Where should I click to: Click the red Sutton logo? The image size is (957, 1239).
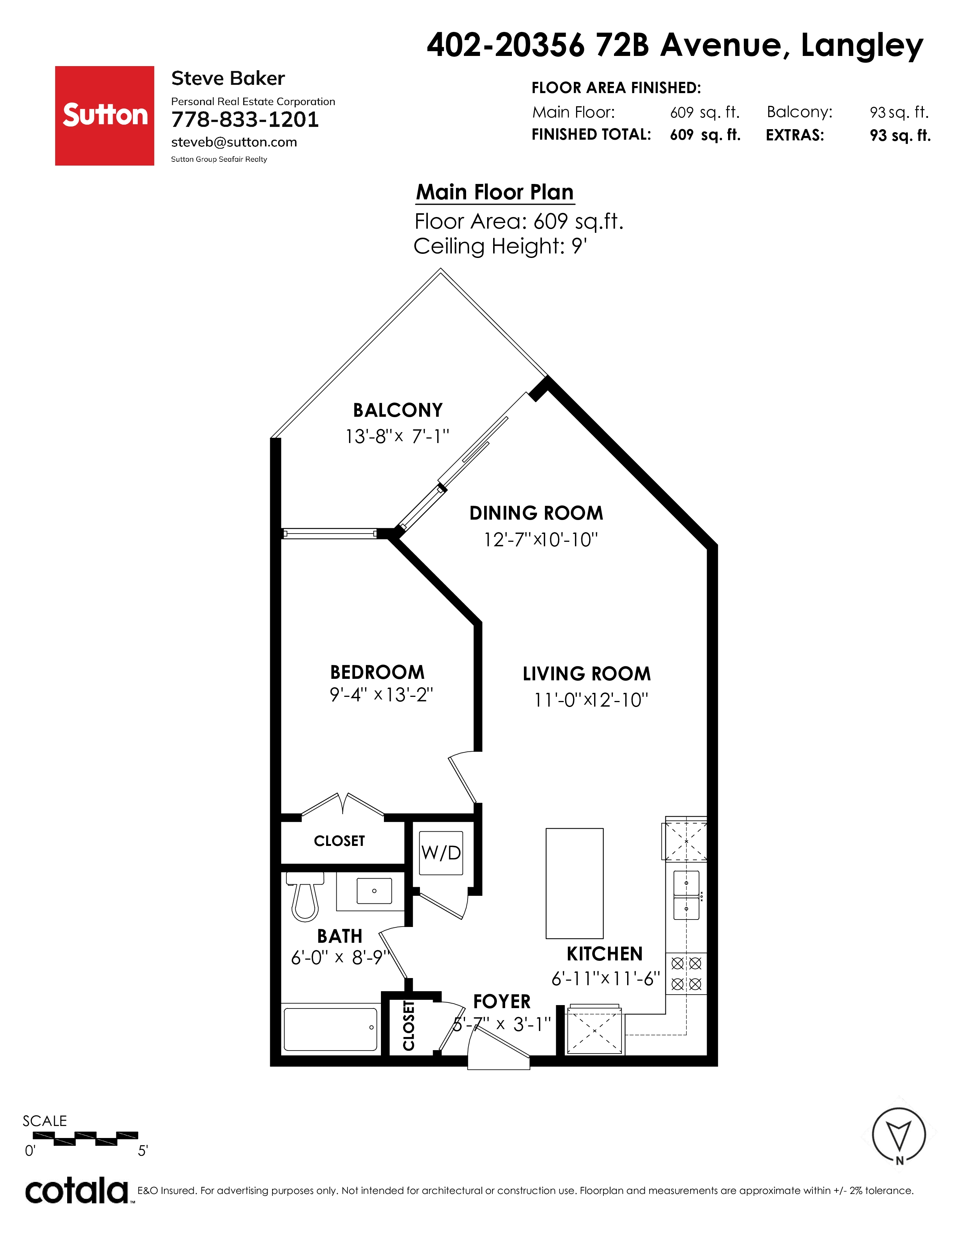(104, 116)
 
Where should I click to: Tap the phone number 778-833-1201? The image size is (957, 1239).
(245, 120)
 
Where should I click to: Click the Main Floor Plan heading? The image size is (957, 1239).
(495, 192)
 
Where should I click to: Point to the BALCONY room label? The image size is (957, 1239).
(397, 410)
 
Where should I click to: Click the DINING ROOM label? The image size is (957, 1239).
(536, 513)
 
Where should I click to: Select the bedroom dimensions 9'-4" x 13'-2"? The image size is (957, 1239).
(382, 695)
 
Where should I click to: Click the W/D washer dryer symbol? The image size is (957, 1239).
(441, 853)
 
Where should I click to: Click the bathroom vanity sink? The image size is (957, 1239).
(374, 891)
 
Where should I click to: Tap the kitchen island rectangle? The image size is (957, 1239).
(574, 883)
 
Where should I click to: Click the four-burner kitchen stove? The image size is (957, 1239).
(686, 974)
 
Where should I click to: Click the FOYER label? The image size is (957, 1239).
(502, 1002)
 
